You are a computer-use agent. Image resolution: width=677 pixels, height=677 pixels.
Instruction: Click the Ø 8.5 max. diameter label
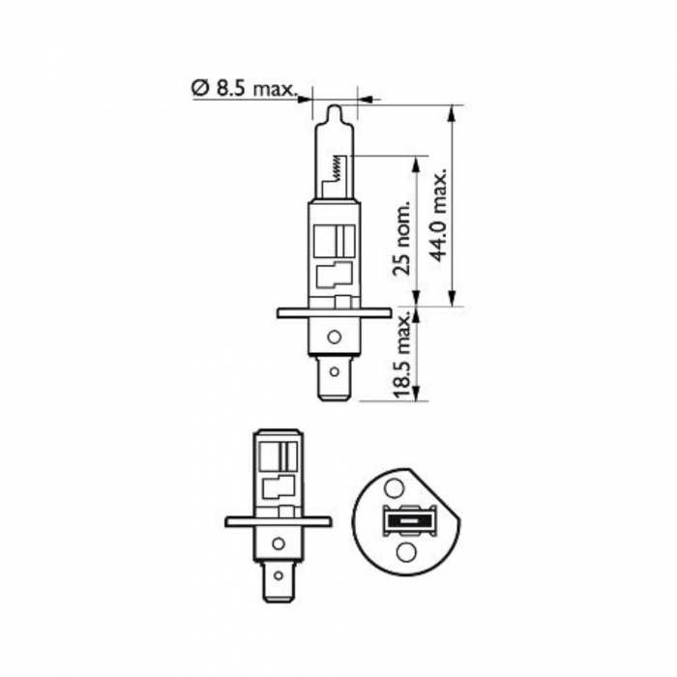(x=242, y=88)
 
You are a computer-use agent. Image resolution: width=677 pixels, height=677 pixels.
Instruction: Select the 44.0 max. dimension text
(x=441, y=217)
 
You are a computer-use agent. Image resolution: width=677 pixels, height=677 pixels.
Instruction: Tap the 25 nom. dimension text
(x=403, y=237)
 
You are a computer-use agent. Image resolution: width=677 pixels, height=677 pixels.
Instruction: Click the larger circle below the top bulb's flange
(x=334, y=337)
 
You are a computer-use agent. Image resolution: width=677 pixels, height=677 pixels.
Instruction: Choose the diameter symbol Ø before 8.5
(x=199, y=88)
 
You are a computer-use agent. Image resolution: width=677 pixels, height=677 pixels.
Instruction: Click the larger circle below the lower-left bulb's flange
(x=279, y=544)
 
